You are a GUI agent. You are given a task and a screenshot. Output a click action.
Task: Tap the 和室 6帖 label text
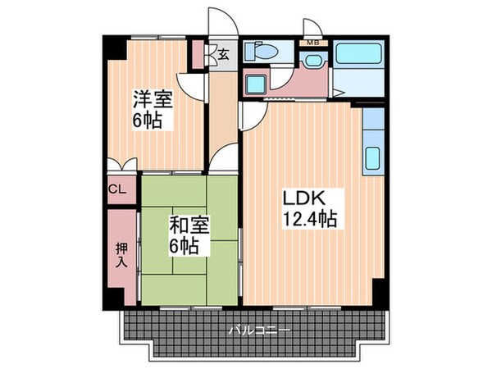point(189,234)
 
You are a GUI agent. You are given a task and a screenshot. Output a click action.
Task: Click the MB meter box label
point(312,42)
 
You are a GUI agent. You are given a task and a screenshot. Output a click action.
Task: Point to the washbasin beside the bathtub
point(312,61)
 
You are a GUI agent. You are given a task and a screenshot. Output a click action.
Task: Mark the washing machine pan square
point(255,82)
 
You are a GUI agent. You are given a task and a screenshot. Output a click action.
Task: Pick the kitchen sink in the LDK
point(372,157)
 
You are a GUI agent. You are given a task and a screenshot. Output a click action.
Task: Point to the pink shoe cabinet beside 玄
point(198,53)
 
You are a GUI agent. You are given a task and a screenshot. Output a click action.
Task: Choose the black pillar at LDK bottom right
point(379,290)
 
